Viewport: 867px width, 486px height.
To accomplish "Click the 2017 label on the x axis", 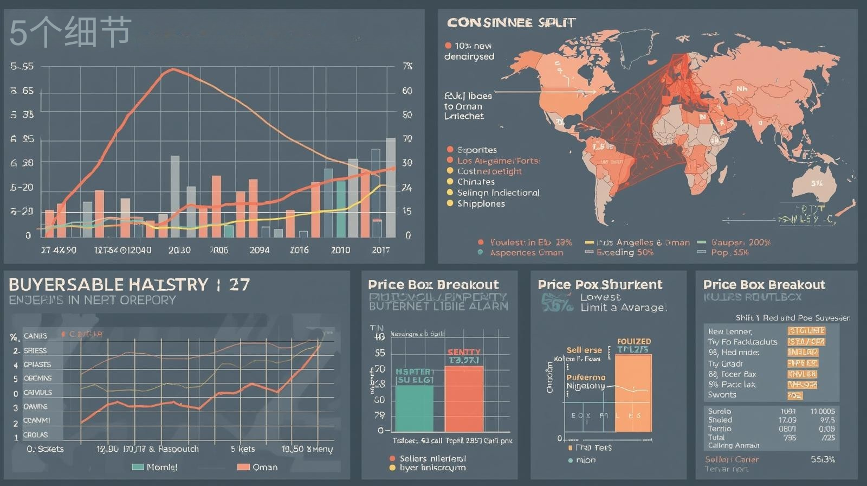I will [x=380, y=250].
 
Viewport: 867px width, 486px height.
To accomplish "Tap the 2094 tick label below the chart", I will [x=259, y=250].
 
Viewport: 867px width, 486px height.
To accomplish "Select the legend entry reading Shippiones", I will [x=481, y=203].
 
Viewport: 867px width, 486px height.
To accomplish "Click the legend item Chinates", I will [x=476, y=182].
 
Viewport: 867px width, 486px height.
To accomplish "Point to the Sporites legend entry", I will [x=476, y=150].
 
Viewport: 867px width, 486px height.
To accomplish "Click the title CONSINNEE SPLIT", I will [x=511, y=23].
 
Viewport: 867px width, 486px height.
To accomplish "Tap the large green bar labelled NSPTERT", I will [x=415, y=401].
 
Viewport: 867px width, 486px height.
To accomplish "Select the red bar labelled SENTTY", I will [x=464, y=399].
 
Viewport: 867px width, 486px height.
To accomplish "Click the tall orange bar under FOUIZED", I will [x=633, y=393].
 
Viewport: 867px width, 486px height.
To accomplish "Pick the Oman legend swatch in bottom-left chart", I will [x=243, y=467].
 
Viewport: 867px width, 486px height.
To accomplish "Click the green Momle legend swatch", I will [x=138, y=467].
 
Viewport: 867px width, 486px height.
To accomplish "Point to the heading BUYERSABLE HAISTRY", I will [x=108, y=285].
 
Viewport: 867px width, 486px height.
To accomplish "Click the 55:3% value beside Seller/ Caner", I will [x=822, y=459].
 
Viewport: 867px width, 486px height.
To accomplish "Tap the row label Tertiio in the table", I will [x=719, y=429].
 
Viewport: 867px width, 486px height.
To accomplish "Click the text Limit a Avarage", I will [x=623, y=308].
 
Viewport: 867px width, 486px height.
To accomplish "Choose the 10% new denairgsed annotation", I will [x=469, y=51].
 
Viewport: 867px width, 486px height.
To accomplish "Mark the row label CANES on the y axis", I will [x=35, y=336].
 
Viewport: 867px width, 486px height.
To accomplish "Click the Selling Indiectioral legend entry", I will [x=498, y=193].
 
